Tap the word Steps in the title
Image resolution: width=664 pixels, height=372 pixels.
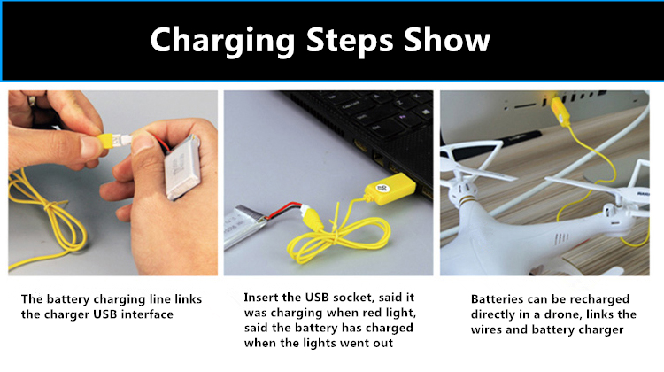(x=350, y=41)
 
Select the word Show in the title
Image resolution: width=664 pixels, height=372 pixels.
(x=447, y=40)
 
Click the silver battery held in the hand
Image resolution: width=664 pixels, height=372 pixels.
(x=183, y=167)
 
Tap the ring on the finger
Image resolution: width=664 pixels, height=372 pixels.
(x=32, y=100)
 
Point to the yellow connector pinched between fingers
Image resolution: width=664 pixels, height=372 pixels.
(x=105, y=141)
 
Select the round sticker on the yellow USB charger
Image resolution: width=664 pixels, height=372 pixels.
(x=382, y=188)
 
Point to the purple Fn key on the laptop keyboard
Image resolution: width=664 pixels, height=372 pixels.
(x=403, y=116)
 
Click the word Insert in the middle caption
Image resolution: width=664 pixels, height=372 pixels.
(x=261, y=298)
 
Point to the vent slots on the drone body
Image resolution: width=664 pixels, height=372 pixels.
(x=561, y=238)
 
